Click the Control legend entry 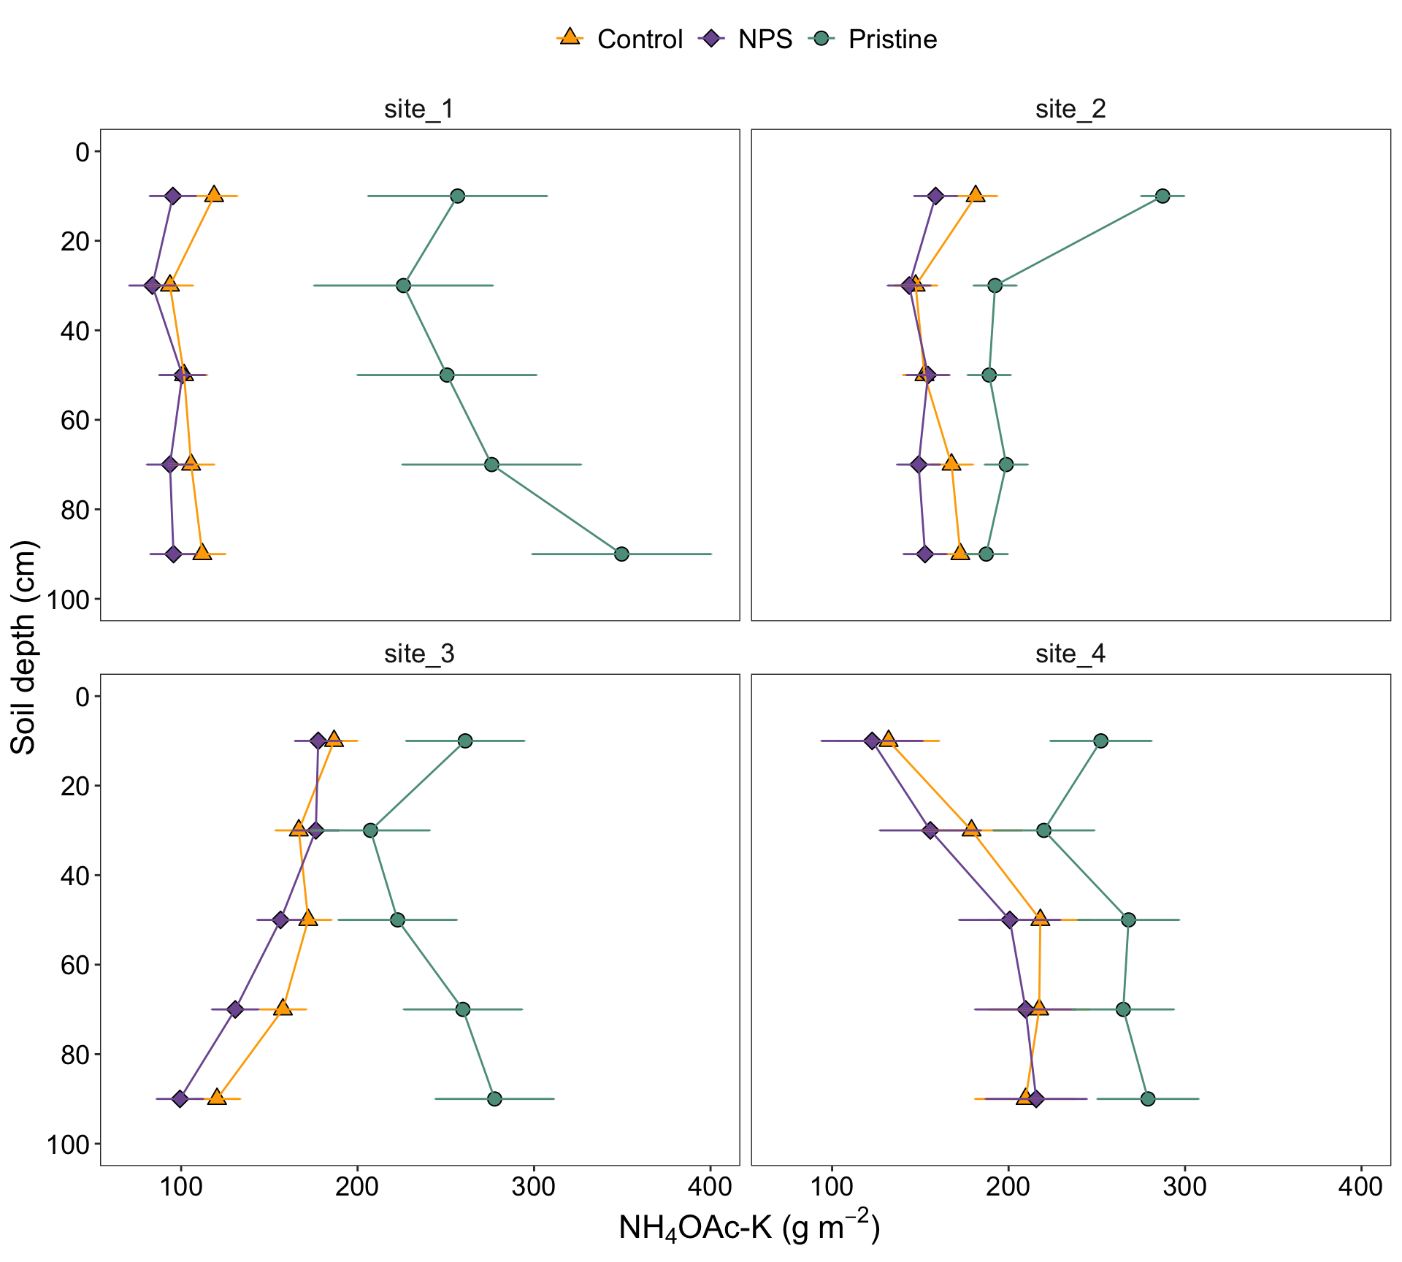click(621, 39)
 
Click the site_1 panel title click(419, 109)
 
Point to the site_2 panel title click(1070, 109)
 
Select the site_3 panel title click(419, 654)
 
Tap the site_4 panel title click(1070, 654)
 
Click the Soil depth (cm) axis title click(23, 647)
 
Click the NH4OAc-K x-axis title click(748, 1228)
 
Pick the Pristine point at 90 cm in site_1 click(621, 554)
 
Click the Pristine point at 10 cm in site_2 click(1162, 196)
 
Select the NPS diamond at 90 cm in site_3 click(180, 1098)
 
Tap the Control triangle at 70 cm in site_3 click(283, 1009)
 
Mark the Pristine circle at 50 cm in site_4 click(1128, 919)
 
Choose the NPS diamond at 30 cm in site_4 click(930, 830)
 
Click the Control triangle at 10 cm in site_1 click(214, 195)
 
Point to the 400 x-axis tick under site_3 click(710, 1187)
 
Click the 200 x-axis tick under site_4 click(1008, 1187)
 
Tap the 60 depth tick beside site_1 click(72, 420)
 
